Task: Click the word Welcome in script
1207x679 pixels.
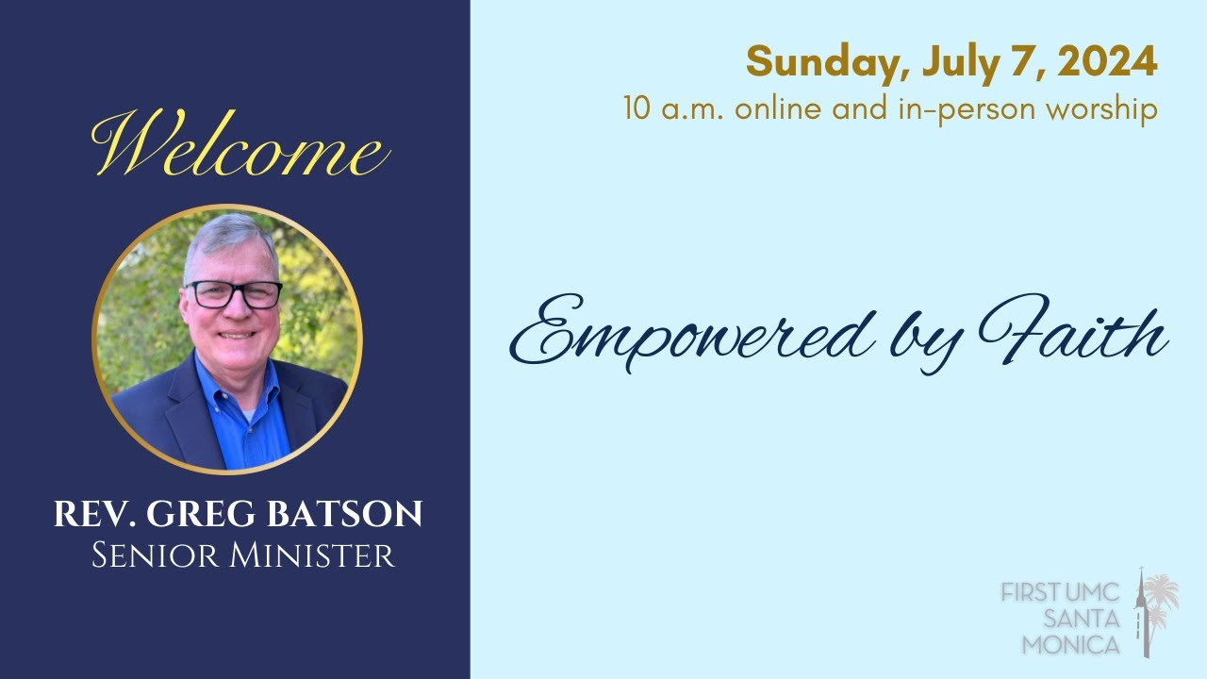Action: pyautogui.click(x=240, y=147)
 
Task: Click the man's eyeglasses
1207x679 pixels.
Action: pyautogui.click(x=233, y=294)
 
